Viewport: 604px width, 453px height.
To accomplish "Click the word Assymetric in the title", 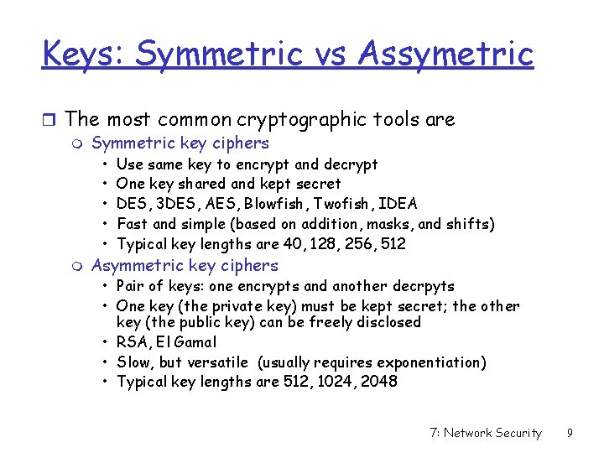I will click(445, 54).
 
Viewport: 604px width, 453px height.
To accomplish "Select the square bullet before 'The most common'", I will click(49, 120).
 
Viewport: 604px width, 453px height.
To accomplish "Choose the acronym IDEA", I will click(398, 204).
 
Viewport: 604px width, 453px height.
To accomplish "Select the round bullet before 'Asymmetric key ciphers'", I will click(79, 267).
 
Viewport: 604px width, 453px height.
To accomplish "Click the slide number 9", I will click(570, 433).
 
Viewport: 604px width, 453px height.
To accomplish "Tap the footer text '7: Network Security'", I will click(485, 433).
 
